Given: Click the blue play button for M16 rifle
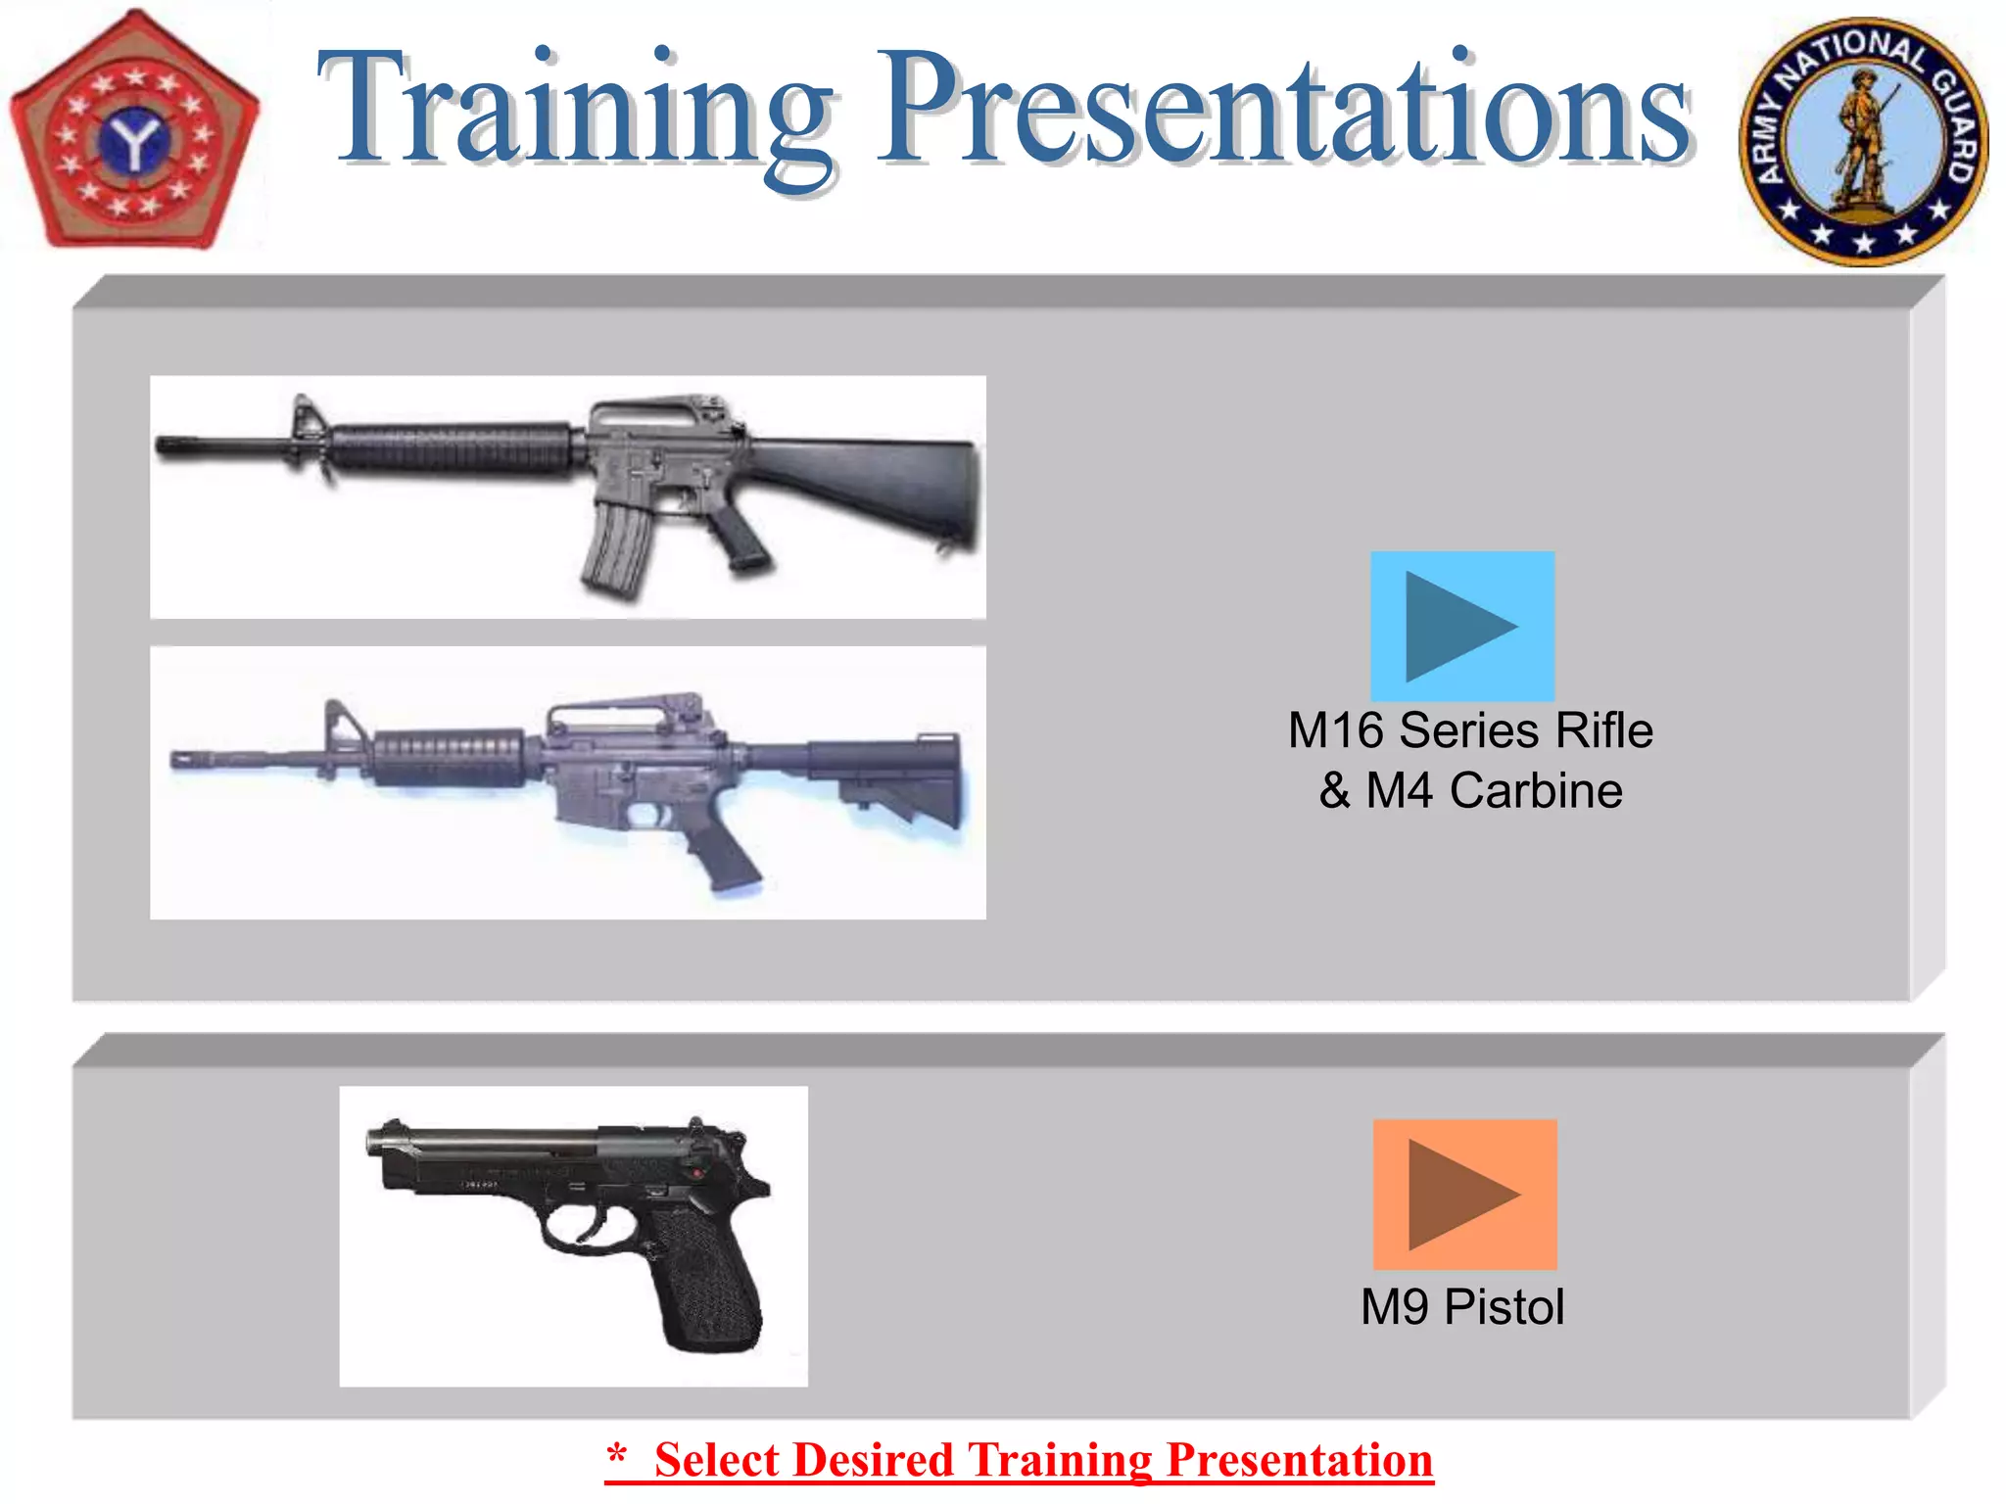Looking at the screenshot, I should click(1461, 626).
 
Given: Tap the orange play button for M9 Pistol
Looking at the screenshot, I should click(1464, 1194).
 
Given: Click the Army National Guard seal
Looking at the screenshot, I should click(1863, 142).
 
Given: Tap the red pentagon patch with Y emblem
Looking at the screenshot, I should click(134, 132).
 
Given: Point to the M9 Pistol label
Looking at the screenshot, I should click(1462, 1307).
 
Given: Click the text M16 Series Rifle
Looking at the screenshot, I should click(1470, 730).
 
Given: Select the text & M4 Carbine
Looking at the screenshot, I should click(1470, 791).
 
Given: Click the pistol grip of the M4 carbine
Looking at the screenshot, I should click(725, 852).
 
